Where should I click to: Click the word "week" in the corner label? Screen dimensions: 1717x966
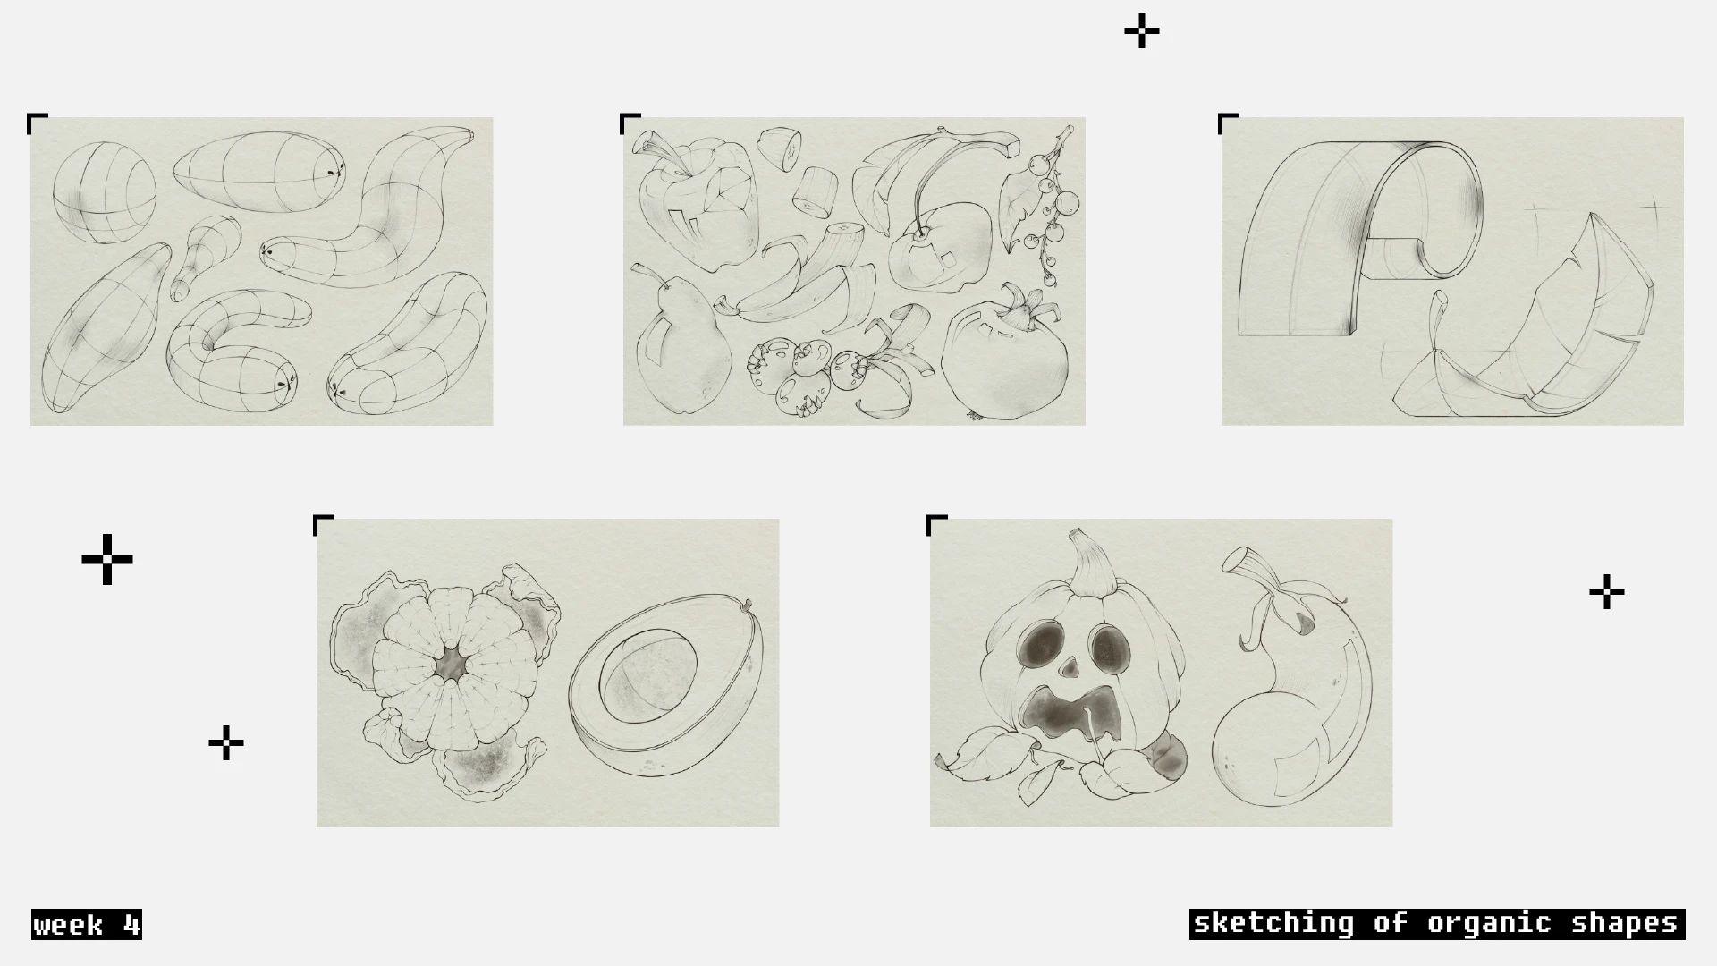[x=68, y=925]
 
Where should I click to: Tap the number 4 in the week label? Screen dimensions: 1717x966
[x=131, y=925]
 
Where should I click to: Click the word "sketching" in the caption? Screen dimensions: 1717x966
[x=1273, y=923]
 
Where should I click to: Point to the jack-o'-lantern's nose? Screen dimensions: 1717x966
[x=1069, y=667]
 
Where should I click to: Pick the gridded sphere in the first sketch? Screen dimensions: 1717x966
[x=105, y=192]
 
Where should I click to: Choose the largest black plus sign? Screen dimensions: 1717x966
[x=107, y=560]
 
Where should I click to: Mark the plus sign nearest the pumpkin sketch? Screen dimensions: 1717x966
[x=1607, y=592]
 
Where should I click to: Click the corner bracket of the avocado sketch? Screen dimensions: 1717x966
[x=323, y=525]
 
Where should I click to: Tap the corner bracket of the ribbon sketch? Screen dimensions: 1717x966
[x=1228, y=123]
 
